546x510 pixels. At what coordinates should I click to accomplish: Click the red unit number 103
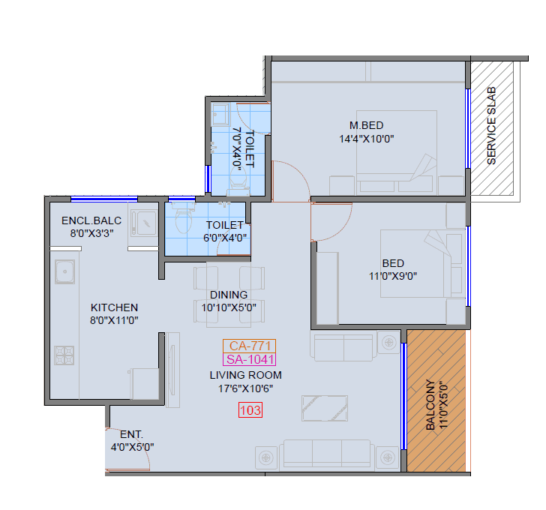tap(250, 410)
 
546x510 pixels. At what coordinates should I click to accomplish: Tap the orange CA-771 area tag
tap(249, 346)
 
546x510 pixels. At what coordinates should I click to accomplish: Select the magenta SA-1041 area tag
tap(249, 359)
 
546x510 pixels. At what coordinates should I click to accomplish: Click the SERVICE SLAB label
tap(492, 126)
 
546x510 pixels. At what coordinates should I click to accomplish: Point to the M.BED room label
tap(367, 124)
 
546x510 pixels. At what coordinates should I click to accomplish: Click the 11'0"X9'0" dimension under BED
tap(393, 275)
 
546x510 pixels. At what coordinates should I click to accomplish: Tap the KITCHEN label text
tap(114, 307)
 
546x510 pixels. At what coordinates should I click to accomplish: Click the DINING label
tap(229, 295)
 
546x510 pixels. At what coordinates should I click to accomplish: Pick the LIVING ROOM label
tap(245, 375)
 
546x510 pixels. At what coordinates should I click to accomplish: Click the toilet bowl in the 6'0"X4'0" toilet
tap(182, 218)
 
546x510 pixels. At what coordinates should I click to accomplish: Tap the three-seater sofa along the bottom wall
tap(327, 454)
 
